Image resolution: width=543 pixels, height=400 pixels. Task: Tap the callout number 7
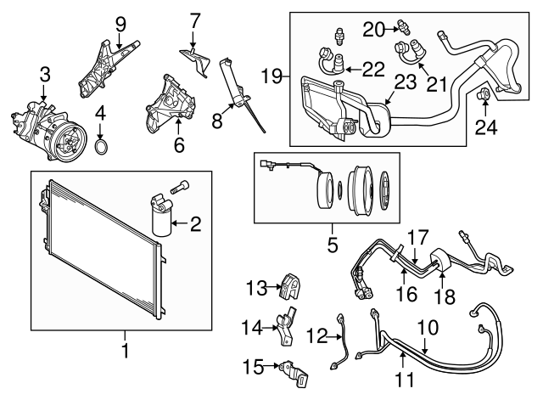point(194,18)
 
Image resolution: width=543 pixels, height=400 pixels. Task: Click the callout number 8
point(216,121)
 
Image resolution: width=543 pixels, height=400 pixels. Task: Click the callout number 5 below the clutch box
point(333,245)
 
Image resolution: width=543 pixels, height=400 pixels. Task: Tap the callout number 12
point(316,337)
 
